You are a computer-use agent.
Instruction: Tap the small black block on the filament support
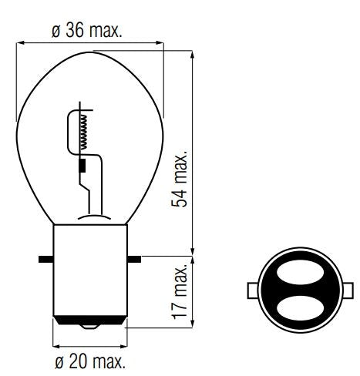point(83,166)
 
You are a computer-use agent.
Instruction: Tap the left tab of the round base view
point(251,292)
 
